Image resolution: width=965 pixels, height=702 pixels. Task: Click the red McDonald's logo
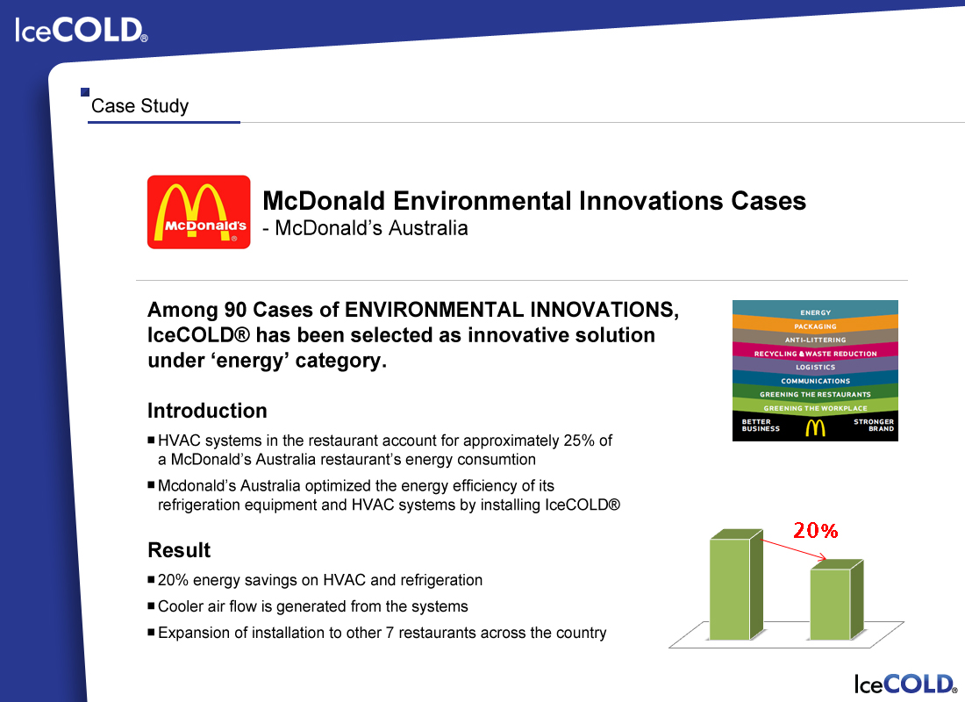click(199, 211)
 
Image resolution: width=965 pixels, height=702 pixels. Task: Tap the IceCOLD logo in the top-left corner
click(82, 30)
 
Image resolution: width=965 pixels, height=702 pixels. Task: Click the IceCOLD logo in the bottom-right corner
click(905, 684)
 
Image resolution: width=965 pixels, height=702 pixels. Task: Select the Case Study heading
click(139, 106)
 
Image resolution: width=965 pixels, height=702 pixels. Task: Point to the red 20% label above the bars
click(816, 530)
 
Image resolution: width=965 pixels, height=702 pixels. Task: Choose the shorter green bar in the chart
click(836, 600)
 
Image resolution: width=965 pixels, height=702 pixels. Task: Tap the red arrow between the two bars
click(794, 549)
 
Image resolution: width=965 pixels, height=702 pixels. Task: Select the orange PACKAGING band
click(816, 325)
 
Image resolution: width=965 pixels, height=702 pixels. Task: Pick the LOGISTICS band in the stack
click(816, 367)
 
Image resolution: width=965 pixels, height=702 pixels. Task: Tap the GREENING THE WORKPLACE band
click(816, 407)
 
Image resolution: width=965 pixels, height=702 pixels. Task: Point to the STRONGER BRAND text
click(874, 425)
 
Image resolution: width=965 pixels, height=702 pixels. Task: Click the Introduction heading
click(207, 411)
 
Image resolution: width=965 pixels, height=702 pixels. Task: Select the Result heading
click(179, 550)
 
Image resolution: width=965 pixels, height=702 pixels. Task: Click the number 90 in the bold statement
click(235, 310)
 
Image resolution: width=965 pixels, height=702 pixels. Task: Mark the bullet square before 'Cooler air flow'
click(152, 605)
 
